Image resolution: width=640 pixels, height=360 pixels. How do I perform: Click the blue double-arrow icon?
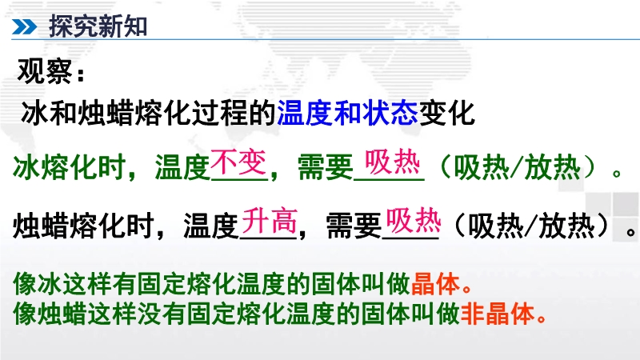click(x=24, y=27)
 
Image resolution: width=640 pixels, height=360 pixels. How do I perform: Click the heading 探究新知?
click(x=98, y=26)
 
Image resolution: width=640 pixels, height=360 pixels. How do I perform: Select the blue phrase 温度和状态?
click(x=347, y=113)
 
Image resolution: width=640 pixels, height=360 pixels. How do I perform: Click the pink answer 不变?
click(x=238, y=162)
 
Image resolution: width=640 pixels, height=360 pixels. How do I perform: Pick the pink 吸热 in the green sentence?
click(x=392, y=162)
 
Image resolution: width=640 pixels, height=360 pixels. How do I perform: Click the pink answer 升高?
click(x=270, y=221)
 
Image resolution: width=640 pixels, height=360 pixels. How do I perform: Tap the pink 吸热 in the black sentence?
click(x=414, y=221)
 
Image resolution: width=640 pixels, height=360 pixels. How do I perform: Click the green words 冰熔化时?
click(x=70, y=167)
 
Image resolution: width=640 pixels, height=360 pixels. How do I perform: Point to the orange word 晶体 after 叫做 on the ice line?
click(x=435, y=284)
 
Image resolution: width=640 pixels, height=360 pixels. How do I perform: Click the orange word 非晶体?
click(x=497, y=314)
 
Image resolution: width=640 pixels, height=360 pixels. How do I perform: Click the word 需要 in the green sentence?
click(x=326, y=167)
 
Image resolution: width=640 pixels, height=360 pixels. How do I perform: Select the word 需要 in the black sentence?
click(x=354, y=226)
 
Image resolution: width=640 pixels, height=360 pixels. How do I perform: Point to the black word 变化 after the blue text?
click(x=446, y=113)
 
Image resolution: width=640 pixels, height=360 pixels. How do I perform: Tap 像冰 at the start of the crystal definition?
click(x=38, y=284)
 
